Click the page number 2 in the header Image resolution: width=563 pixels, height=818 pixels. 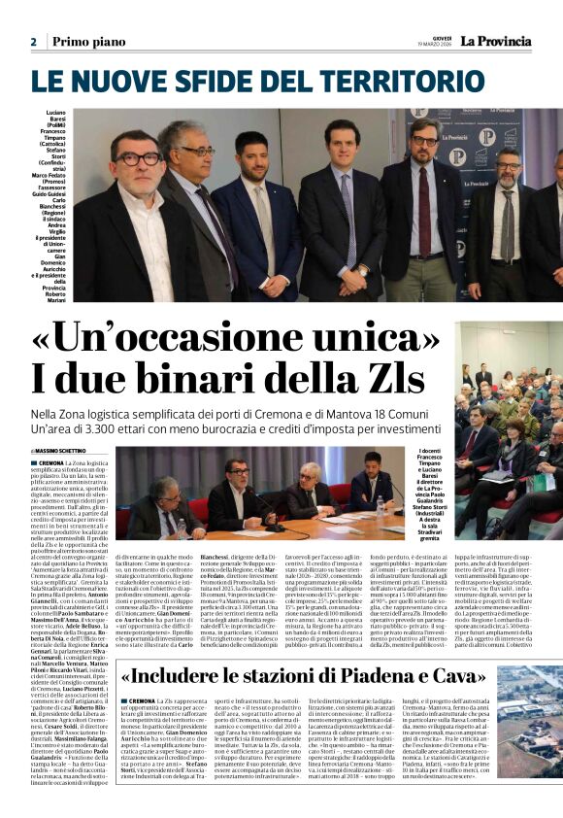click(x=34, y=42)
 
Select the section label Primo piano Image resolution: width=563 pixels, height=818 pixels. click(x=89, y=42)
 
